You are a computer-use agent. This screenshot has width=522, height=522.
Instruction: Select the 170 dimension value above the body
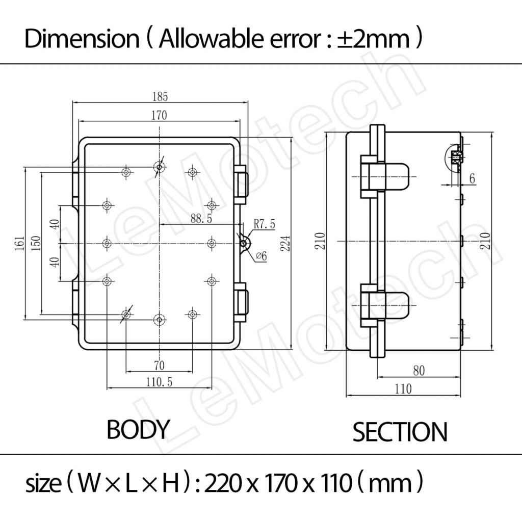click(159, 115)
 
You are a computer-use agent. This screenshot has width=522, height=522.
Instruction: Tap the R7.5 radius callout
click(265, 224)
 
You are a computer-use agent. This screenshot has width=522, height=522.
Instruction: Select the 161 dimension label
click(19, 245)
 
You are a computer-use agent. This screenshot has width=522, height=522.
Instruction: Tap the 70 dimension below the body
click(159, 365)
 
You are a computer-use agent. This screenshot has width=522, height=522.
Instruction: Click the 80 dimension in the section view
click(418, 371)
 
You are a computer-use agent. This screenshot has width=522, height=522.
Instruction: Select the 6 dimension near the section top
click(472, 178)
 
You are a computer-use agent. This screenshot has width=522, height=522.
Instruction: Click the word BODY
click(137, 430)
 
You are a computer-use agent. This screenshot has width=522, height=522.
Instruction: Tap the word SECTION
click(400, 432)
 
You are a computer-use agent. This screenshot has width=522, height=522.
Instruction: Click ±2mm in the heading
click(373, 39)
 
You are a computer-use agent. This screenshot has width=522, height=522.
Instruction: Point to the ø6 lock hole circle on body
click(244, 244)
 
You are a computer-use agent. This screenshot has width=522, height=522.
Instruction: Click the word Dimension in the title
click(81, 39)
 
